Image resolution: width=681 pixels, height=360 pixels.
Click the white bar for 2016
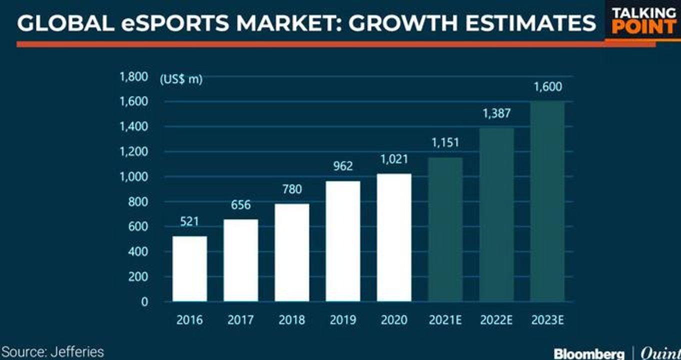(x=189, y=269)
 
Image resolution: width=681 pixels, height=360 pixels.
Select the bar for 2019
(x=342, y=241)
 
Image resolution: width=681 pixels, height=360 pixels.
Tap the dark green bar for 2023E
(x=547, y=201)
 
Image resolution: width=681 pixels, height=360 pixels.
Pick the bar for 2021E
(x=445, y=229)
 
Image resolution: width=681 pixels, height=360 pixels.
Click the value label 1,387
(x=496, y=113)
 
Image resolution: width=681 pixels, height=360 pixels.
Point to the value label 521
(x=189, y=221)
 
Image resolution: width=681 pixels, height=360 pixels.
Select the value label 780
(x=291, y=189)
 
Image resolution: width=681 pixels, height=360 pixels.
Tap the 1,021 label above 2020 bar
(x=394, y=159)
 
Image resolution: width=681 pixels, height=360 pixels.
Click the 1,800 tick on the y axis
(x=133, y=77)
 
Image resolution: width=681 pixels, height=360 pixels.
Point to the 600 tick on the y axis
(x=137, y=226)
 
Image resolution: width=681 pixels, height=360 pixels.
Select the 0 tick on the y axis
(x=144, y=302)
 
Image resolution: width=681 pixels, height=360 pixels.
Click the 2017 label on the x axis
(x=240, y=320)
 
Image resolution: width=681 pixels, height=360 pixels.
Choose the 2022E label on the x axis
(x=496, y=320)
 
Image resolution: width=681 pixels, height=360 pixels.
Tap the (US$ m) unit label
(x=181, y=79)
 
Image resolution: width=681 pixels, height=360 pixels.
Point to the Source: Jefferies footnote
(x=52, y=352)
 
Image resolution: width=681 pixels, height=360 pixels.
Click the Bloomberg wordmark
(x=589, y=354)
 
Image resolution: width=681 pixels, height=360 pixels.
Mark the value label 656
(x=240, y=205)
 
